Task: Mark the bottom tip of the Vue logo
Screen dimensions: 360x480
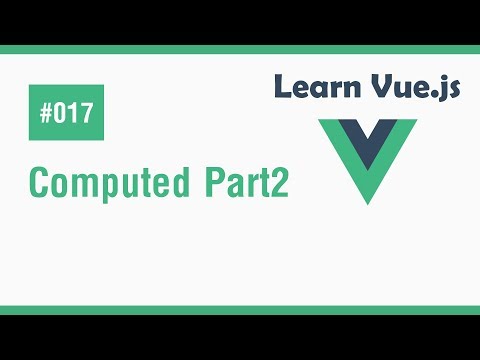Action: pos(368,201)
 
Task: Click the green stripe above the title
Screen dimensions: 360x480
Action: pos(240,50)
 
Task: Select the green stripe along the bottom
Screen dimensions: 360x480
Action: pos(240,310)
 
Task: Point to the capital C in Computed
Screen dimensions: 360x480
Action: pos(39,185)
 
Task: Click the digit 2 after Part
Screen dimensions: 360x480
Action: pos(281,185)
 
